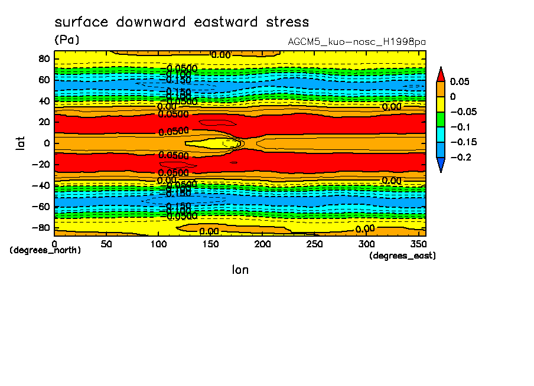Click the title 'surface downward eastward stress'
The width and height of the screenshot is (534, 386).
click(181, 22)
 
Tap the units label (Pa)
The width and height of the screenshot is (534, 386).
click(66, 40)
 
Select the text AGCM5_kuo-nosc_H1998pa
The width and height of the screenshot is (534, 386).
click(357, 42)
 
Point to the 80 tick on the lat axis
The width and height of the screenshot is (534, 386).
click(44, 58)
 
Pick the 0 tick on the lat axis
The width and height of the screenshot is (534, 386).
click(47, 143)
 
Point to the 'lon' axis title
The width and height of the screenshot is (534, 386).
click(240, 270)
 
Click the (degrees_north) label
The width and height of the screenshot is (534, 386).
click(45, 250)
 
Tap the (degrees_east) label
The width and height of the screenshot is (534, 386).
click(402, 256)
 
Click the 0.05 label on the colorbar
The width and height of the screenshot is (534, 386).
click(459, 81)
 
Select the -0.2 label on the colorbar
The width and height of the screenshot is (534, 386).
click(459, 158)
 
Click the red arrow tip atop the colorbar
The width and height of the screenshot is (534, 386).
click(440, 74)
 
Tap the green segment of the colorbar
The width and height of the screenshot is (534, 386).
click(440, 119)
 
